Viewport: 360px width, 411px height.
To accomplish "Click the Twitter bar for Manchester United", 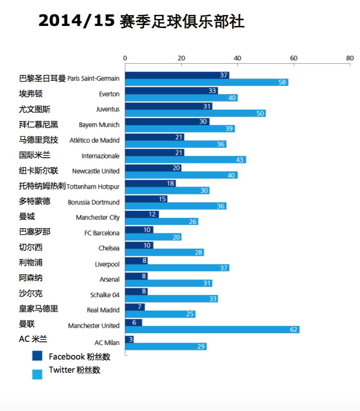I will pyautogui.click(x=212, y=329).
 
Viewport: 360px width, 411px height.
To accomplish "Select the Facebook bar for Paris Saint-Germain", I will pyautogui.click(x=177, y=75).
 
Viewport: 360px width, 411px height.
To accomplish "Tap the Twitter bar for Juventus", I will pyautogui.click(x=195, y=113).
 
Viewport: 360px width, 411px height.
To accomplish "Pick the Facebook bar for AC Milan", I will pyautogui.click(x=129, y=339).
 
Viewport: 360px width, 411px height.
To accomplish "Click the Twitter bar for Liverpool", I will pyautogui.click(x=177, y=268).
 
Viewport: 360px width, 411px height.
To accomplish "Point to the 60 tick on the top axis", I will pyautogui.click(x=294, y=58).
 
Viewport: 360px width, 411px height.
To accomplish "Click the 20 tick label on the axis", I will pyautogui.click(x=181, y=58).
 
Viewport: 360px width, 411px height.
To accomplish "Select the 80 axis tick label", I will pyautogui.click(x=350, y=58).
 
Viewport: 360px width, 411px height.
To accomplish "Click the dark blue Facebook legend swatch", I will pyautogui.click(x=37, y=356).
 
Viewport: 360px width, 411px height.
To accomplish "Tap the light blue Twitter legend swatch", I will pyautogui.click(x=37, y=374).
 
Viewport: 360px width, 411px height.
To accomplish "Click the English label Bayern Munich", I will pyautogui.click(x=99, y=125).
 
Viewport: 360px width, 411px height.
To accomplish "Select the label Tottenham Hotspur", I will pyautogui.click(x=93, y=187).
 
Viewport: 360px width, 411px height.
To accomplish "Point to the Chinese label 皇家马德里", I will pyautogui.click(x=39, y=309).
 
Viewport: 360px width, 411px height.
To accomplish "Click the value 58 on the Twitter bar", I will pyautogui.click(x=282, y=82).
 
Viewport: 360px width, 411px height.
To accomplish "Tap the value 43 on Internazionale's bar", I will pyautogui.click(x=240, y=160).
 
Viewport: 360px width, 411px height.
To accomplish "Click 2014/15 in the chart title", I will pyautogui.click(x=76, y=21).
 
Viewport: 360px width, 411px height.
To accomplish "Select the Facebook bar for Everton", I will pyautogui.click(x=171, y=91).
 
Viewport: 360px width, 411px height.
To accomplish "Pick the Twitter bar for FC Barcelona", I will pyautogui.click(x=153, y=237).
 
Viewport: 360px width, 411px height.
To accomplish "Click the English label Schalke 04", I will pyautogui.click(x=105, y=295).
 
